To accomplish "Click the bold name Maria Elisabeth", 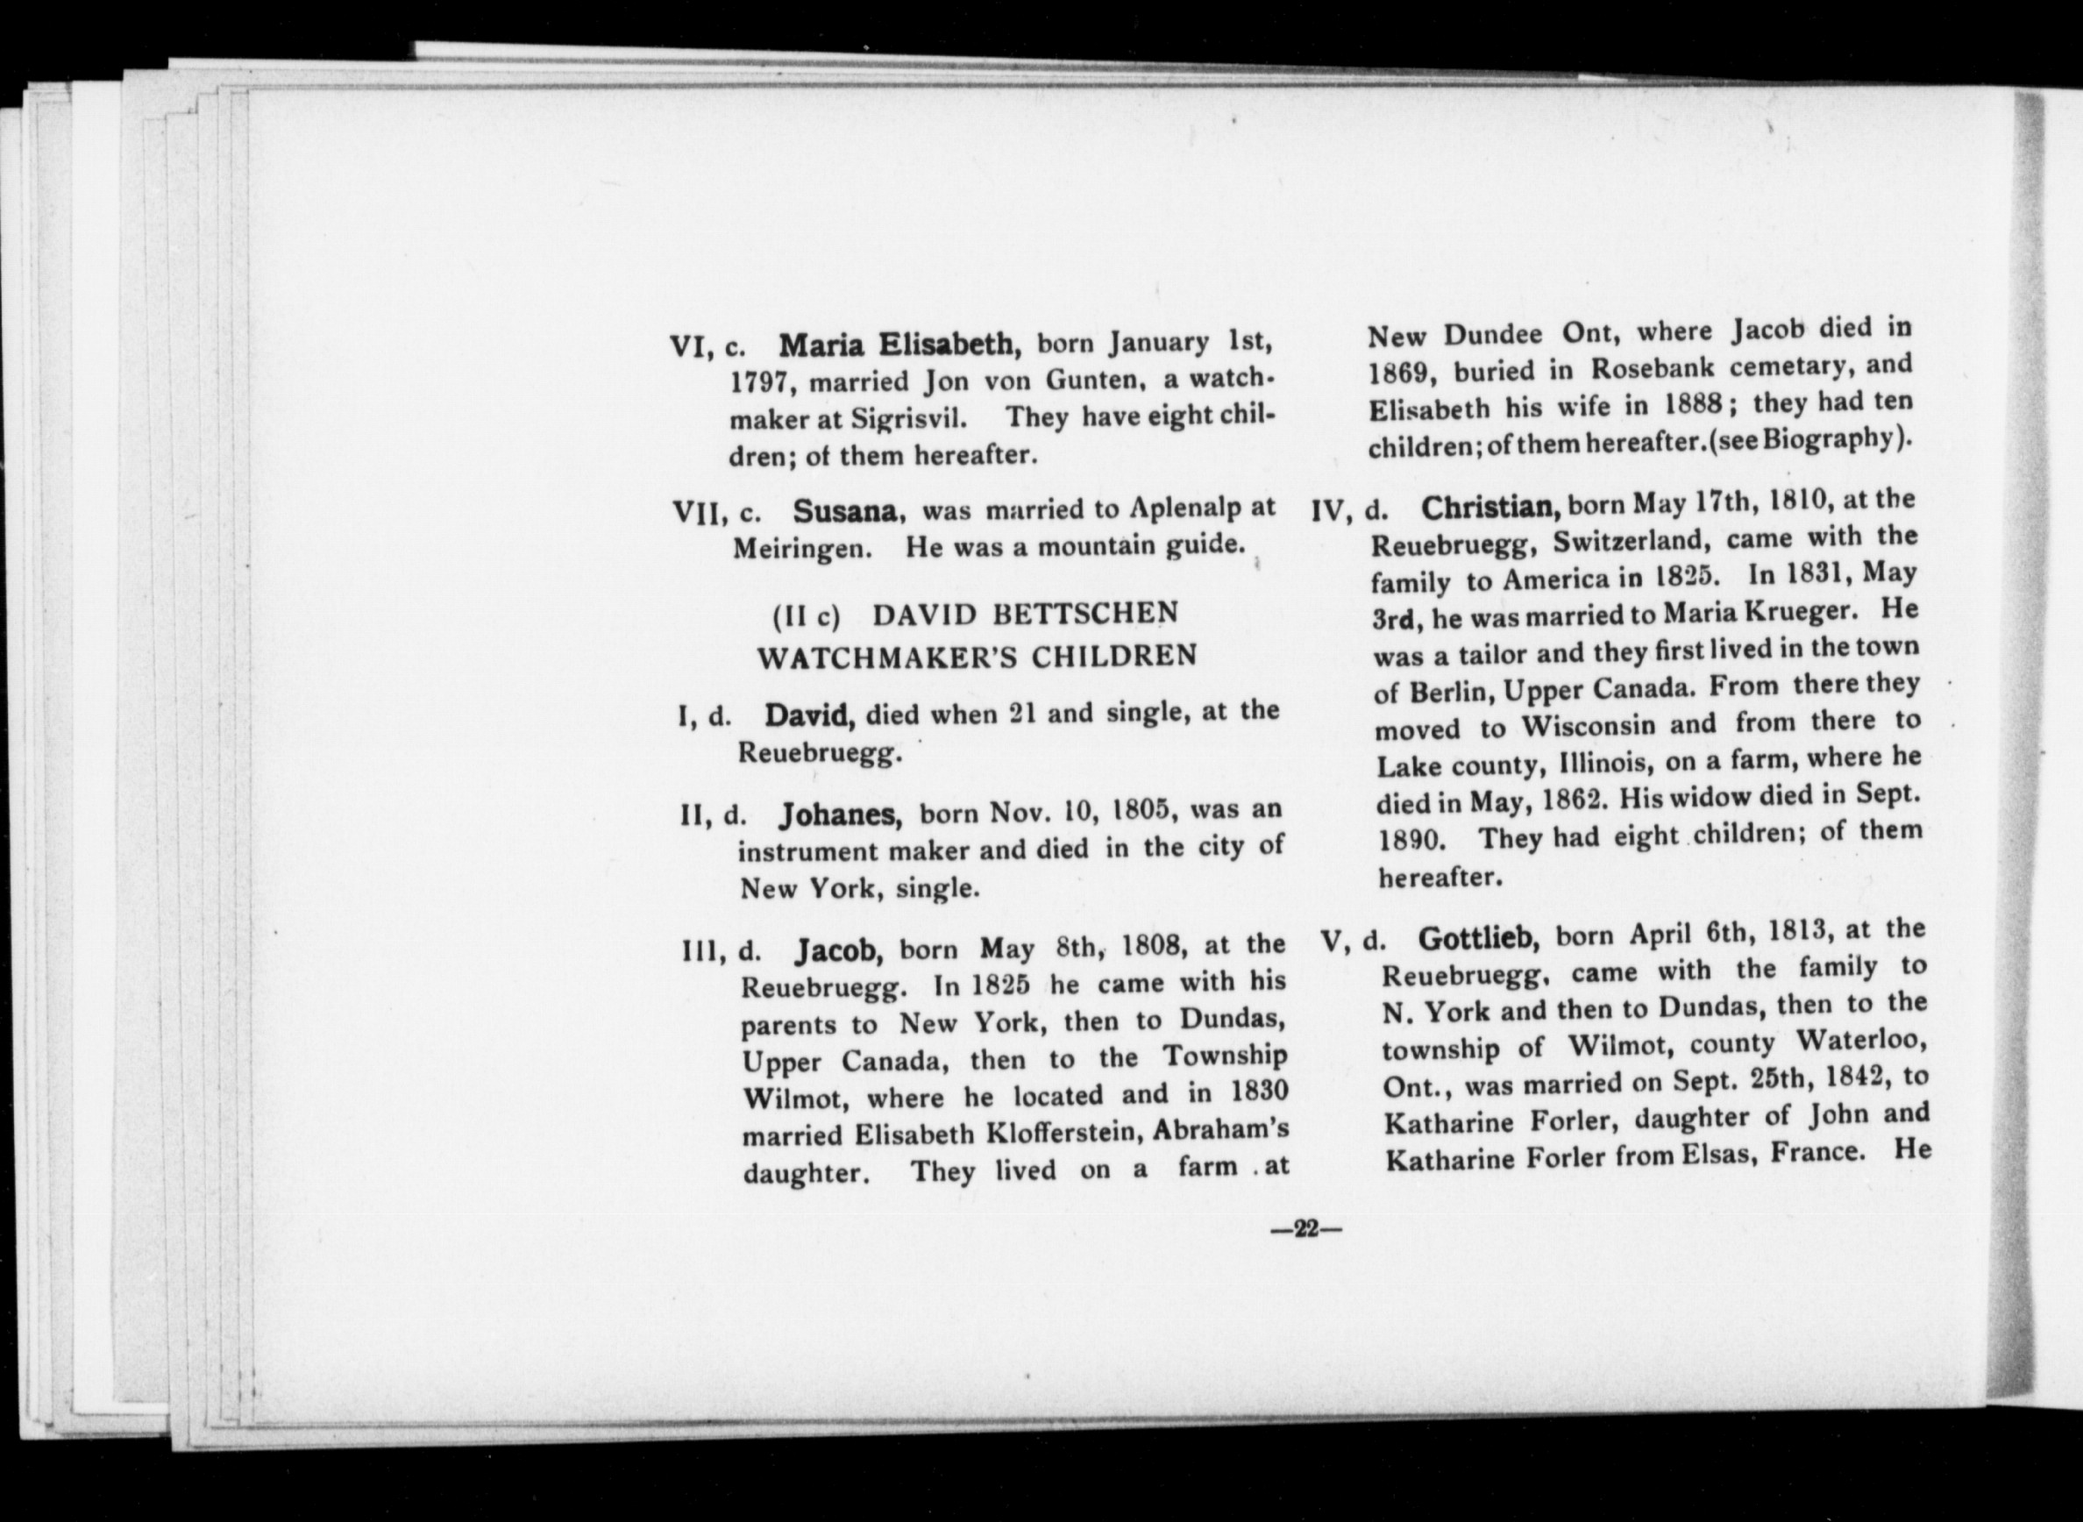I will click(899, 345).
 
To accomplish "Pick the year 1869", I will click(1397, 373).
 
